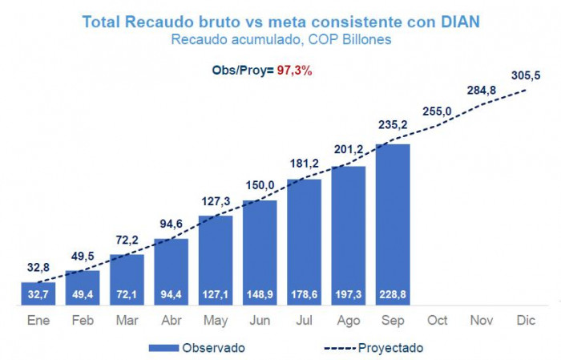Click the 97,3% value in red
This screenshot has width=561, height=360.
pyautogui.click(x=293, y=71)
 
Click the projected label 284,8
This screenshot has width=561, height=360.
pyautogui.click(x=482, y=90)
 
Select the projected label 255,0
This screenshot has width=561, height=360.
pyautogui.click(x=437, y=111)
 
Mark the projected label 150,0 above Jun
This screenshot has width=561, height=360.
pyautogui.click(x=260, y=186)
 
